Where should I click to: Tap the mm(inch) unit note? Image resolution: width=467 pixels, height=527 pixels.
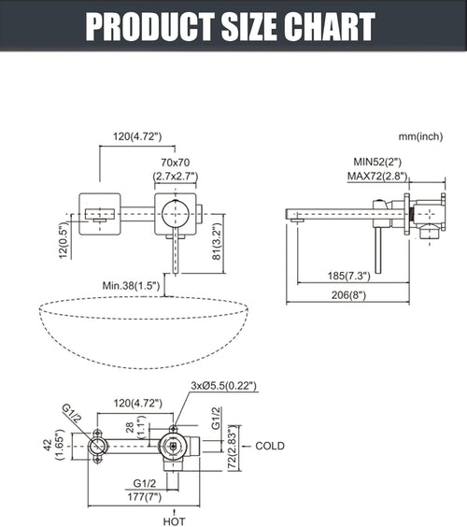pyautogui.click(x=420, y=136)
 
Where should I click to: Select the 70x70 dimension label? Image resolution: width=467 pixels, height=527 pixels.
pyautogui.click(x=175, y=163)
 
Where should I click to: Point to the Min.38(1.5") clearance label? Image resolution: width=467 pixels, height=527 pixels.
pyautogui.click(x=131, y=286)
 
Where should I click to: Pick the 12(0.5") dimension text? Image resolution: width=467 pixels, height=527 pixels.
pyautogui.click(x=64, y=241)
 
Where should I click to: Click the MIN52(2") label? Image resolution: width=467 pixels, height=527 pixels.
pyautogui.click(x=377, y=162)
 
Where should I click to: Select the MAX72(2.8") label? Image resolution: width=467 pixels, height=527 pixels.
pyautogui.click(x=377, y=176)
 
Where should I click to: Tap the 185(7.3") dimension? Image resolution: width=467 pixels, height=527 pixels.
pyautogui.click(x=348, y=276)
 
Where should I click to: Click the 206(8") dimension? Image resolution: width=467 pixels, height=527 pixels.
pyautogui.click(x=348, y=295)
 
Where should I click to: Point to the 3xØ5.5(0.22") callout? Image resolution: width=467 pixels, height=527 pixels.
pyautogui.click(x=224, y=386)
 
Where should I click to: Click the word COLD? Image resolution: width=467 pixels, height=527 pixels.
pyautogui.click(x=270, y=446)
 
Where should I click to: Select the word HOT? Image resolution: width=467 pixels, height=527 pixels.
pyautogui.click(x=174, y=521)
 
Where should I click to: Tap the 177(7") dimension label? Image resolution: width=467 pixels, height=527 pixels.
pyautogui.click(x=145, y=496)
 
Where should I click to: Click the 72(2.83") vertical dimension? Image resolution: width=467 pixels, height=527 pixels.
pyautogui.click(x=233, y=449)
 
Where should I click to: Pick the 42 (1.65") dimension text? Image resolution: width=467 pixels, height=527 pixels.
pyautogui.click(x=54, y=445)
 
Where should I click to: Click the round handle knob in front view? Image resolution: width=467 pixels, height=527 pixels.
pyautogui.click(x=175, y=214)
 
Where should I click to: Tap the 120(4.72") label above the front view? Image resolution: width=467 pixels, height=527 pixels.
pyautogui.click(x=137, y=136)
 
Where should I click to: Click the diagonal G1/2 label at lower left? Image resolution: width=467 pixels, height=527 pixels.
pyautogui.click(x=72, y=413)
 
